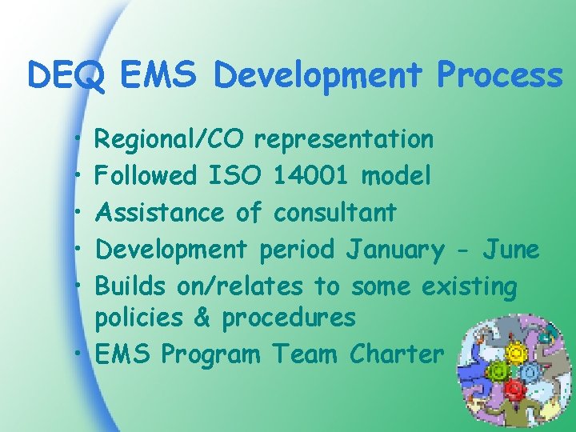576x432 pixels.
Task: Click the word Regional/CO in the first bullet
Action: click(x=169, y=140)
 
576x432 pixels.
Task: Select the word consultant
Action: click(x=334, y=213)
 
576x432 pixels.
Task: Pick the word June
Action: click(x=510, y=250)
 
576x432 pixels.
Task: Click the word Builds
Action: click(x=130, y=286)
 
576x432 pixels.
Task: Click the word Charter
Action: click(x=395, y=354)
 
